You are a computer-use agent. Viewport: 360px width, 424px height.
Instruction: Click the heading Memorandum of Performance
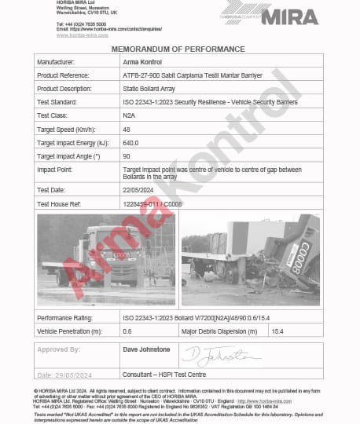tap(179, 48)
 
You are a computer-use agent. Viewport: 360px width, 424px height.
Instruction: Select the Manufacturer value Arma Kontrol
tap(144, 61)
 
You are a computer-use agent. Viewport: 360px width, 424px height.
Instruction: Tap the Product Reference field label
tap(65, 75)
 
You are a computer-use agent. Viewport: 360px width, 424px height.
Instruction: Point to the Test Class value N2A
tap(130, 115)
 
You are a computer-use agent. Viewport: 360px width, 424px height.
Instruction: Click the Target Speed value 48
tap(127, 129)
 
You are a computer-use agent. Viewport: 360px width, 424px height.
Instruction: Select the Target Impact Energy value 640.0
tap(130, 142)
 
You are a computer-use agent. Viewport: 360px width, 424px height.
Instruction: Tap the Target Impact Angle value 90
tap(127, 156)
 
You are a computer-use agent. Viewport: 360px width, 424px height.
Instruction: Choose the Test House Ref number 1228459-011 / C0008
tap(152, 203)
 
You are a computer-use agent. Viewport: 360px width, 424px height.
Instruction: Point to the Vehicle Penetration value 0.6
tap(127, 332)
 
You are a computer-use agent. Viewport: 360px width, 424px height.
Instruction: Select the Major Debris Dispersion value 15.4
tap(277, 332)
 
